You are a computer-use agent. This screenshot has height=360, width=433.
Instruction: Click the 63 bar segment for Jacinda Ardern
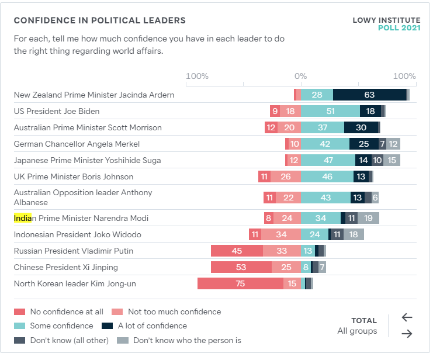369,95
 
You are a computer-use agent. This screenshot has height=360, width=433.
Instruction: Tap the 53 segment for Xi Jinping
241,267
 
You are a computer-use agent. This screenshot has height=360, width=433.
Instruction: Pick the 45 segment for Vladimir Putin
237,251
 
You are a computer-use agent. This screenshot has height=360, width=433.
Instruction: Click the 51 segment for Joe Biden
330,111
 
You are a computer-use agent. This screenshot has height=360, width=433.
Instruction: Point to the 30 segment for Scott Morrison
361,127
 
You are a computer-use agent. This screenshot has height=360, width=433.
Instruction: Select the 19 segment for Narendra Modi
368,218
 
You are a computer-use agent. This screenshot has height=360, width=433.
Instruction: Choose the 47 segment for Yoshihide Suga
328,160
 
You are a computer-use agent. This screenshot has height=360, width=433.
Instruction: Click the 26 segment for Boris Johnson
286,176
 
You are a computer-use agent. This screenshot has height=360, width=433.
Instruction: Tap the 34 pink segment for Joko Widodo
281,234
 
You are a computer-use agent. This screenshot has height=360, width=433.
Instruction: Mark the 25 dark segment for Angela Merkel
363,144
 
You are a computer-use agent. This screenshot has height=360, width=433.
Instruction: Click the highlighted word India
23,218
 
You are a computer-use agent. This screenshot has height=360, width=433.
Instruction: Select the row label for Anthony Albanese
82,198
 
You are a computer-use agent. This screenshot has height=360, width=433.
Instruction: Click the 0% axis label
300,77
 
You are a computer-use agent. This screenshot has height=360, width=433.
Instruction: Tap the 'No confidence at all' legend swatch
19,312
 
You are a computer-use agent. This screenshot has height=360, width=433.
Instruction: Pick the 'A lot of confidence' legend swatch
107,326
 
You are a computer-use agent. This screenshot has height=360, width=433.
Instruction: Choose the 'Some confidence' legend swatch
19,326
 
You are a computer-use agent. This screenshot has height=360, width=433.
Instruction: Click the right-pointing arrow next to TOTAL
407,334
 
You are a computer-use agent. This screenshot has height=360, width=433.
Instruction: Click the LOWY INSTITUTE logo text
386,20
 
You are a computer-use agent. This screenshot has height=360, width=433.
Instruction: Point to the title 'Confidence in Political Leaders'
100,20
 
